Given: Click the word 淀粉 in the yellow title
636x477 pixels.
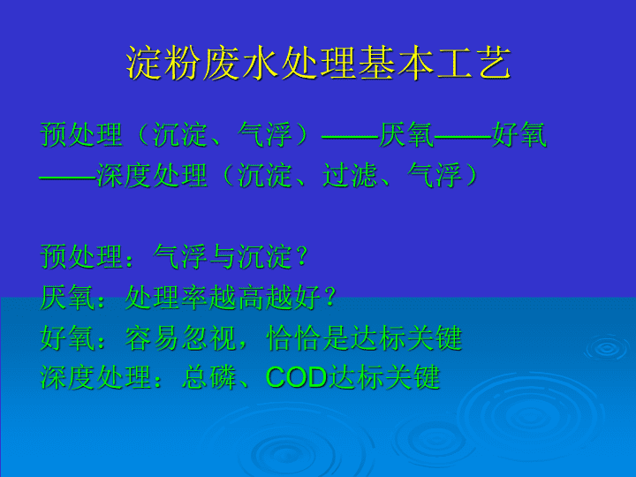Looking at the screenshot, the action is click(x=163, y=64).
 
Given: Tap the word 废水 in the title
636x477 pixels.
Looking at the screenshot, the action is click(x=240, y=64).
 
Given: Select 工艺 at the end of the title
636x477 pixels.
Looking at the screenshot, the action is click(x=473, y=64).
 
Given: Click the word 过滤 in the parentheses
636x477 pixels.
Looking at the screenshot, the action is click(x=350, y=175).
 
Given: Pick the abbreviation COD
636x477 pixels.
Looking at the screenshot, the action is click(x=297, y=377).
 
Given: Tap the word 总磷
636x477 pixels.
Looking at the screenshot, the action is click(x=208, y=377).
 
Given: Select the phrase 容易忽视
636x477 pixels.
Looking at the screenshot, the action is click(x=180, y=337).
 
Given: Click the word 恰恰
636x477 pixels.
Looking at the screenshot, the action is click(x=293, y=337).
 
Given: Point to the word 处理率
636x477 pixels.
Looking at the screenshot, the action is click(x=166, y=299).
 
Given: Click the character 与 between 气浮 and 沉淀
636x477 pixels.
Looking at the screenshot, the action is click(x=223, y=257).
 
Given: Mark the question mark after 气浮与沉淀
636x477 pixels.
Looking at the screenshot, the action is click(x=301, y=257).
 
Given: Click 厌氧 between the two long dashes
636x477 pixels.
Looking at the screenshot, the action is click(x=406, y=134).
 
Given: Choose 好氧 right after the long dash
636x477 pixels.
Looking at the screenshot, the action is click(x=519, y=134).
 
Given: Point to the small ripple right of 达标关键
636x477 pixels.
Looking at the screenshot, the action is click(x=607, y=348).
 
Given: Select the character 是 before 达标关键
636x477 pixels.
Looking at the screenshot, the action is click(x=336, y=337).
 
